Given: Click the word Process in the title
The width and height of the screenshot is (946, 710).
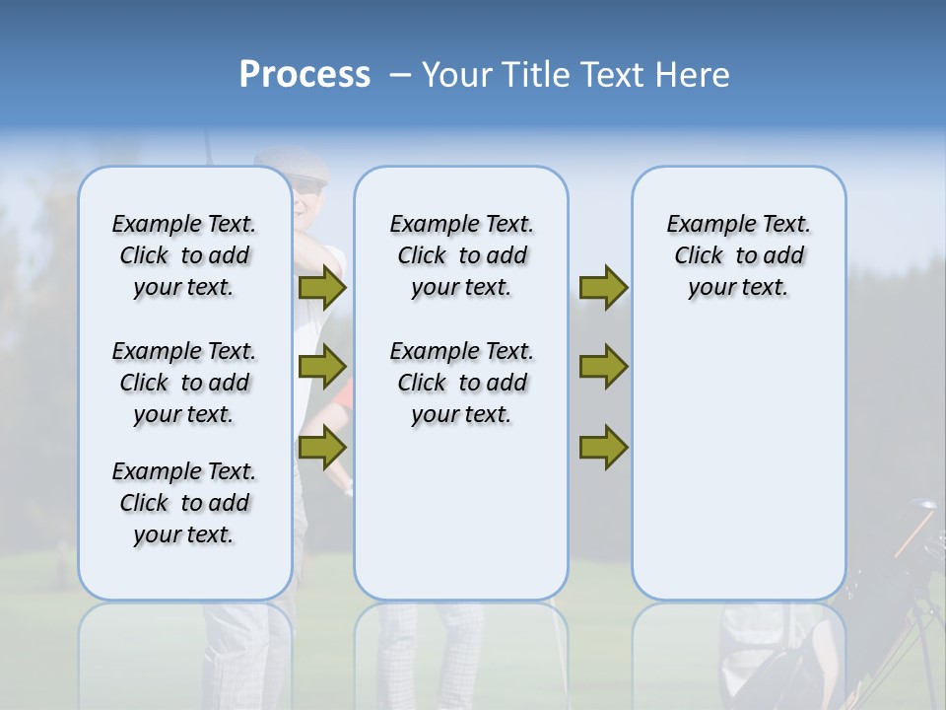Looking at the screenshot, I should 304,75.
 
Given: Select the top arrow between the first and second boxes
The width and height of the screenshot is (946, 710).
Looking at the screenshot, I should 322,288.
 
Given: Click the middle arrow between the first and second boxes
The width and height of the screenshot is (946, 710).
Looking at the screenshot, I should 322,367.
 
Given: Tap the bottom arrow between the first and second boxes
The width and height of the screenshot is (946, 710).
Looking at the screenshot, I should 322,447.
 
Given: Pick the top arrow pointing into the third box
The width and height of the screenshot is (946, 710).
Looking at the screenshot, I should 603,288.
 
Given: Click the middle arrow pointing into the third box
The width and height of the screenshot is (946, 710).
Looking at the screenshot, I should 603,367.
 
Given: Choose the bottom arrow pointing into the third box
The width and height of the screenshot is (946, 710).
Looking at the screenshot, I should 603,447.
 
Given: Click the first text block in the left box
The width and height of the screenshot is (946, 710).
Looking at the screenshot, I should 184,255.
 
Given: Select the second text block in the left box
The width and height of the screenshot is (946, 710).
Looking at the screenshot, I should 184,383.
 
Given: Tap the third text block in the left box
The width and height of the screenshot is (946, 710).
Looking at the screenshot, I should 184,503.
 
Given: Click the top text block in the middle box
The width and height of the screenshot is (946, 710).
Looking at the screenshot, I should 461,255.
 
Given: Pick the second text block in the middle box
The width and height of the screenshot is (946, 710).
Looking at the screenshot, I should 461,383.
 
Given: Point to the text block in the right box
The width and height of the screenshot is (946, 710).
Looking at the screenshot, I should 738,255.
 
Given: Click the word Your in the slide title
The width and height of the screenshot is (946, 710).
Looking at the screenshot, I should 458,75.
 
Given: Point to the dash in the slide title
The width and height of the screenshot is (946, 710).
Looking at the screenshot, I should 400,75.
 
